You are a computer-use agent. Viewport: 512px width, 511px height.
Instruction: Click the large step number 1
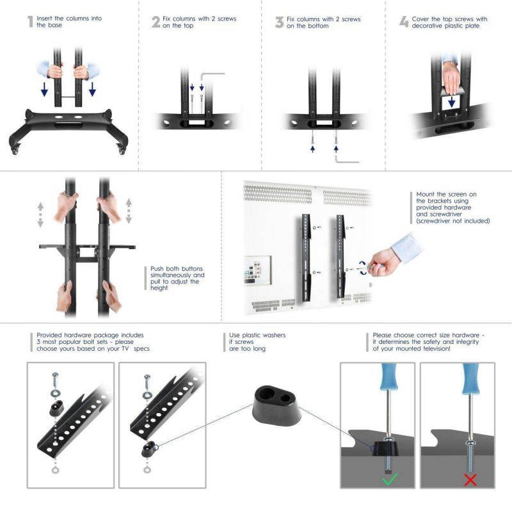pos(30,22)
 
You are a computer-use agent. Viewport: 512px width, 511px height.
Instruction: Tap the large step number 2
pos(156,22)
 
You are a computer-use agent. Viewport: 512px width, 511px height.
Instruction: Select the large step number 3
pos(279,22)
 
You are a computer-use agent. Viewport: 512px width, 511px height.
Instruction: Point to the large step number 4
pos(404,22)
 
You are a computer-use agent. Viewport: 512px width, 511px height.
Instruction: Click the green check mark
pos(390,479)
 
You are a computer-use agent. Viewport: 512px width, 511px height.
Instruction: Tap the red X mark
pos(470,480)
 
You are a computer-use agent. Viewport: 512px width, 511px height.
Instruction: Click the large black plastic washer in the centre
pos(277,405)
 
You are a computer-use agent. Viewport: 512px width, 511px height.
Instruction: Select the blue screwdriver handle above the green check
pos(389,377)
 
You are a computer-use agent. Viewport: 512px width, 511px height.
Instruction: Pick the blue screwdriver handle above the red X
pos(470,378)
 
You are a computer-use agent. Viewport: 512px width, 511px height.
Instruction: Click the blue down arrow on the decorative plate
pos(452,102)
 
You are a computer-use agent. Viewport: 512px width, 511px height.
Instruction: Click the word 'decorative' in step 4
pos(426,26)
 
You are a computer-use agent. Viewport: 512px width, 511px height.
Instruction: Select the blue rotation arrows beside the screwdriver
pos(363,268)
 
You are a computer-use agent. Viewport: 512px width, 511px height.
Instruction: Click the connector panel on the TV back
pos(258,270)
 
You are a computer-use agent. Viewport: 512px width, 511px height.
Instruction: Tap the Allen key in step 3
pos(347,159)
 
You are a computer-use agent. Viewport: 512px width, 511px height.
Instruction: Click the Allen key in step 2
pos(212,77)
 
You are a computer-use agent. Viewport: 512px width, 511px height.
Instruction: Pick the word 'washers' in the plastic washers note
pos(274,335)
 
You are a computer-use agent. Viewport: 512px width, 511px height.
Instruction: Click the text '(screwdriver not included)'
pos(453,221)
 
